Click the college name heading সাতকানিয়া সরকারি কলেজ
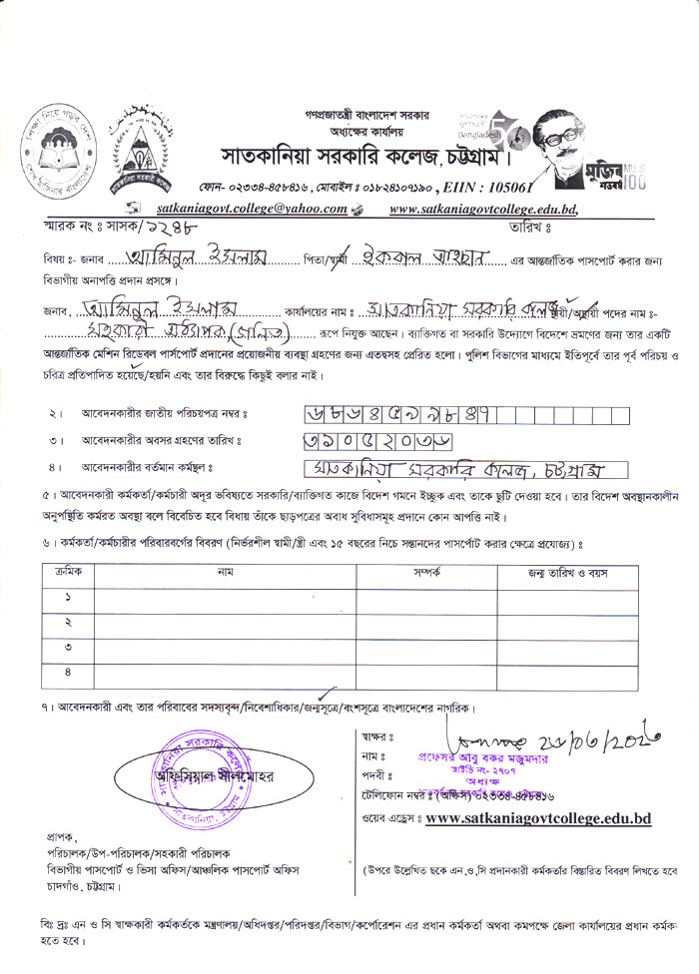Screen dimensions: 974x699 tap(364, 157)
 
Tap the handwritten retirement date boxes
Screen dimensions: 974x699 tap(360, 440)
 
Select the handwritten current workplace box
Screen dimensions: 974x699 tap(463, 469)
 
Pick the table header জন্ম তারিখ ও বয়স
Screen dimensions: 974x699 tap(567, 574)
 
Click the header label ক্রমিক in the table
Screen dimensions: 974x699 tap(68, 574)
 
